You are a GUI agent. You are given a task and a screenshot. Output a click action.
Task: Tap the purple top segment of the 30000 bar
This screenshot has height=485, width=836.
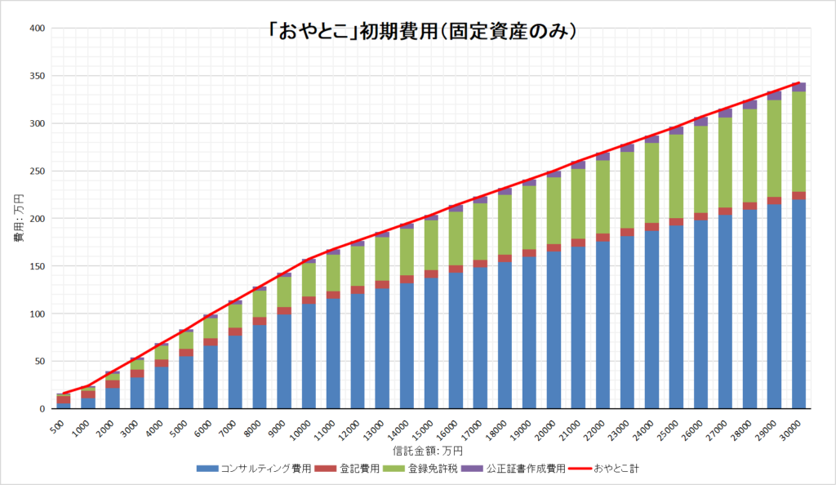point(798,87)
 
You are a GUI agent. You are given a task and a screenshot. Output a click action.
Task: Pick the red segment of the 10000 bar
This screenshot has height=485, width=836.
point(309,300)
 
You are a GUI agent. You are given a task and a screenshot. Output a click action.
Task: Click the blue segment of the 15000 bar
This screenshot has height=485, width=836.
point(431,343)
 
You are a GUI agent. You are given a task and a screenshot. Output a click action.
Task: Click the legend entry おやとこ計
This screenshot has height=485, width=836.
point(611,469)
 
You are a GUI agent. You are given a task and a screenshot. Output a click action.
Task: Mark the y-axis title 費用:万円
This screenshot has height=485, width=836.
point(18,218)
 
